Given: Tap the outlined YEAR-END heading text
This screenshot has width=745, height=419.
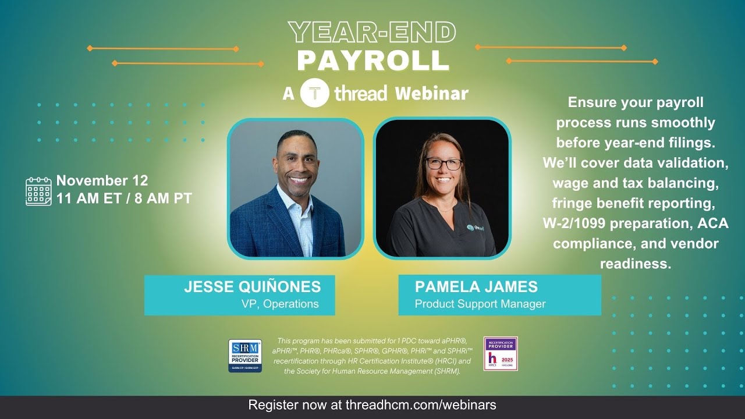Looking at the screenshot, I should pos(372,33).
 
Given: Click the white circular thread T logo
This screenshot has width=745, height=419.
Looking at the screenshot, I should pos(315,93).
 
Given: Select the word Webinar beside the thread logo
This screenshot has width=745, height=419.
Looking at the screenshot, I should pos(431,94).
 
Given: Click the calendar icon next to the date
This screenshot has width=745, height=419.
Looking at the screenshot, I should pos(38,191).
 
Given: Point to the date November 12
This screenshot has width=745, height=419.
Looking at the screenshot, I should pos(102,180).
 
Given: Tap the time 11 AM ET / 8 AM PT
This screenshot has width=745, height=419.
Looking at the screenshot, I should pos(124,198).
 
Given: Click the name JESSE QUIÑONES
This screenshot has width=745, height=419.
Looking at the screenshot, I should pos(252,286).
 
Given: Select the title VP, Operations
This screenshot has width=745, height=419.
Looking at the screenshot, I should pos(280,304).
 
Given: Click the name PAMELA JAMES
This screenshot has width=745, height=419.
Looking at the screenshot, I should pos(476,286).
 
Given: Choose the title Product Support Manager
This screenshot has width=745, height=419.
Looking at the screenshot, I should pos(480,304).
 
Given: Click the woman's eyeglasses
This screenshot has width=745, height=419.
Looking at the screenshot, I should pos(444,164).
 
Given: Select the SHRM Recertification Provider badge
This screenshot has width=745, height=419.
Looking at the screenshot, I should pos(244,356).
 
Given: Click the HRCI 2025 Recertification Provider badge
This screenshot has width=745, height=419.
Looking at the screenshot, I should pos(501,354).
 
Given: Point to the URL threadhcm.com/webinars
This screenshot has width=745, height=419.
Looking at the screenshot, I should pos(421,404).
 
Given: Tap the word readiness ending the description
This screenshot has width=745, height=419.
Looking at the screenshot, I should pos(636,264).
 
